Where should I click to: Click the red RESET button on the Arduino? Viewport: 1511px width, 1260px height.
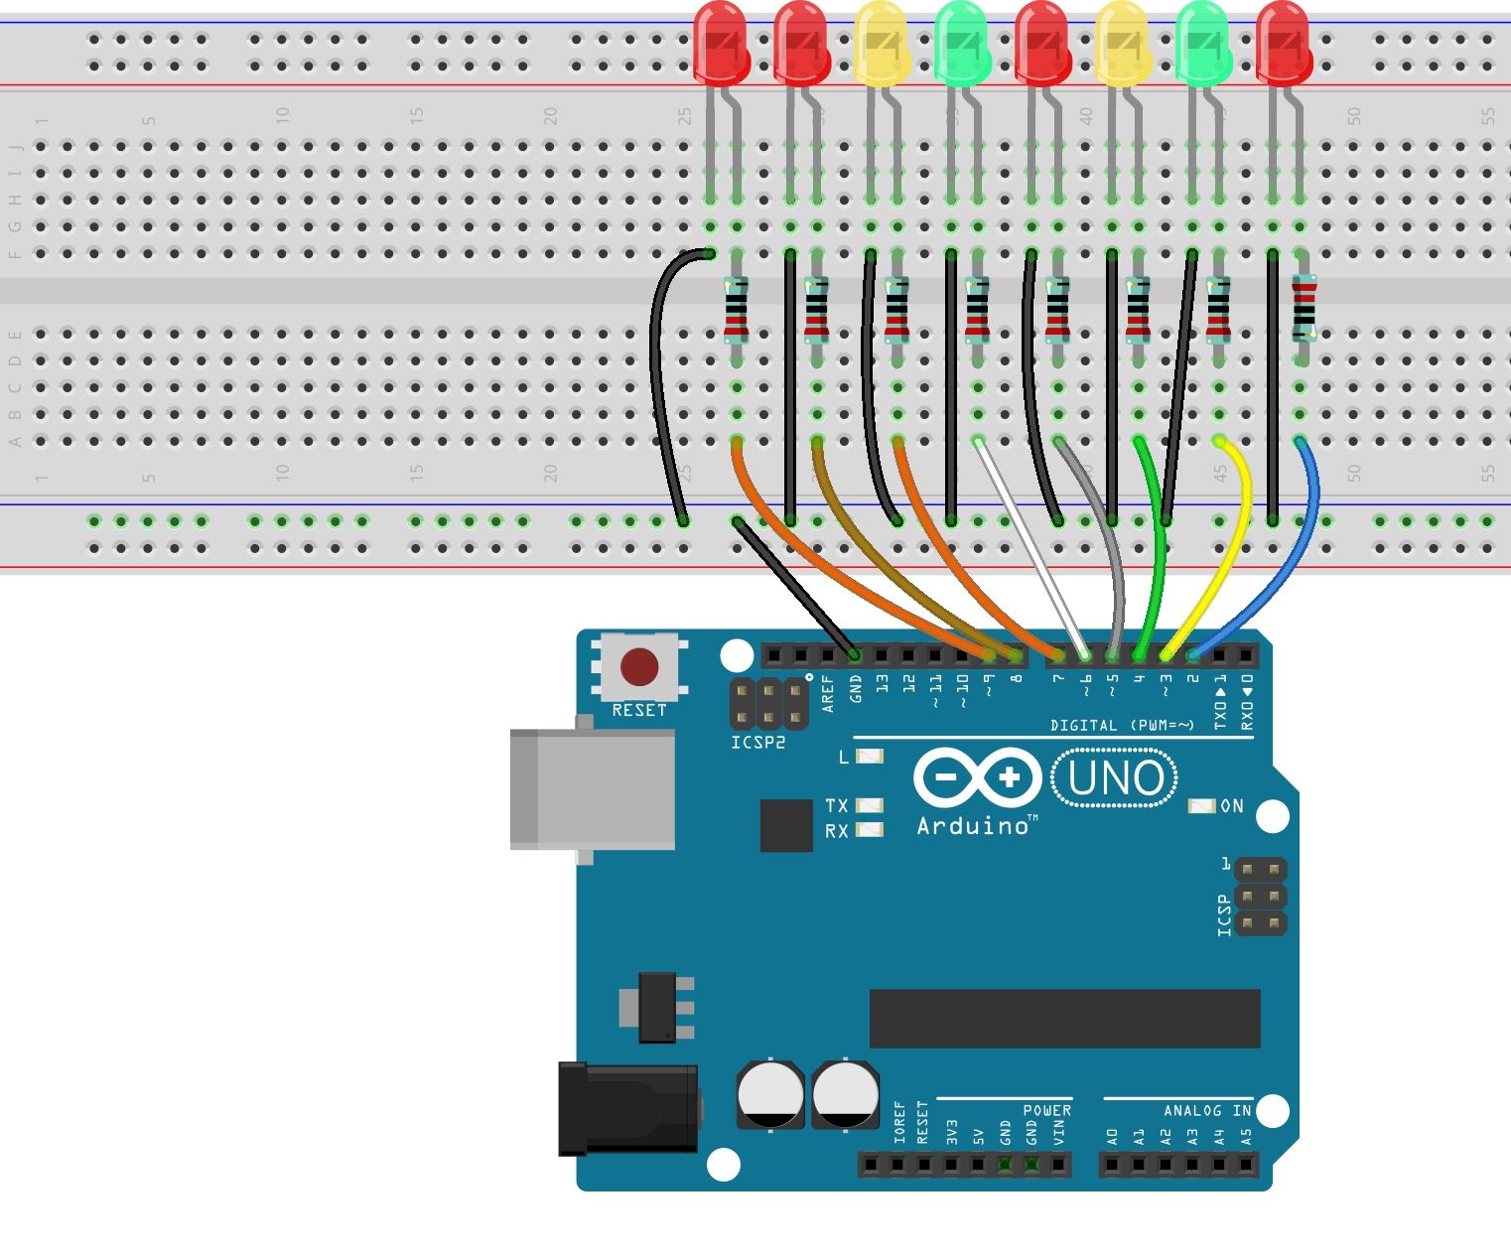pos(638,667)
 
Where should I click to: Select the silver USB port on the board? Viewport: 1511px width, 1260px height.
pos(592,789)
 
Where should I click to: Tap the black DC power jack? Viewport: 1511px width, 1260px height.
pos(627,1108)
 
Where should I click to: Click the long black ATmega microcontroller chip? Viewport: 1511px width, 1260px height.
pos(1064,1018)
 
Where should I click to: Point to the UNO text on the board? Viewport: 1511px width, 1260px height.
pos(1115,779)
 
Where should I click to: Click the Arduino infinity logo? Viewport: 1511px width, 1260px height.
pos(977,776)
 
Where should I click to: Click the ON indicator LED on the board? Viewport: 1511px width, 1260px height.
pos(1201,806)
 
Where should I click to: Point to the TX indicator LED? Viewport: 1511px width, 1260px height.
pos(870,805)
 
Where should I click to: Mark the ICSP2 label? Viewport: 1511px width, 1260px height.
pos(757,743)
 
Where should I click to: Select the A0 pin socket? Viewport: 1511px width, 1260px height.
pos(1113,1164)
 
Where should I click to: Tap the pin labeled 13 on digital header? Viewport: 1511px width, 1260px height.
pos(882,655)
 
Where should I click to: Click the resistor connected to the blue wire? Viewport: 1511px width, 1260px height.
pos(1303,309)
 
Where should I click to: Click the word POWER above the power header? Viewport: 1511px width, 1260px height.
pos(1046,1110)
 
